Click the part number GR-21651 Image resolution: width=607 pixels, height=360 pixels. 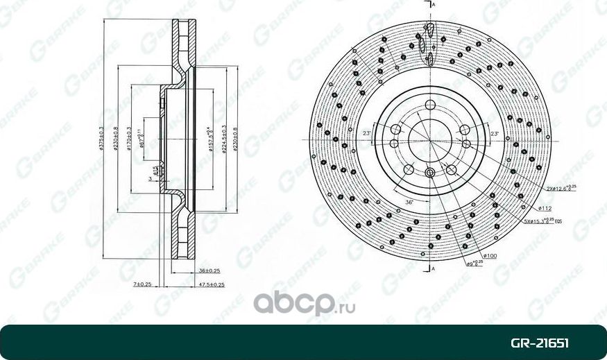click(x=540, y=343)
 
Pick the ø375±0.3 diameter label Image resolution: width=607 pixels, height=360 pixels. click(x=102, y=139)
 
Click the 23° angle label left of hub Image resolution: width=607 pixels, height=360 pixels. click(x=367, y=133)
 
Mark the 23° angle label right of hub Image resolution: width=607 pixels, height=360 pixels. click(x=494, y=133)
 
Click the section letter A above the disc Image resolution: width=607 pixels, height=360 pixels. click(x=433, y=6)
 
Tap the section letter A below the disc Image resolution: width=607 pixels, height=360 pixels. click(x=433, y=268)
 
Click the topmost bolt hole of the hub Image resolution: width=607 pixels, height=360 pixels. click(x=430, y=105)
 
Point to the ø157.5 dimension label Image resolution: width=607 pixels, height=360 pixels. click(x=209, y=139)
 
